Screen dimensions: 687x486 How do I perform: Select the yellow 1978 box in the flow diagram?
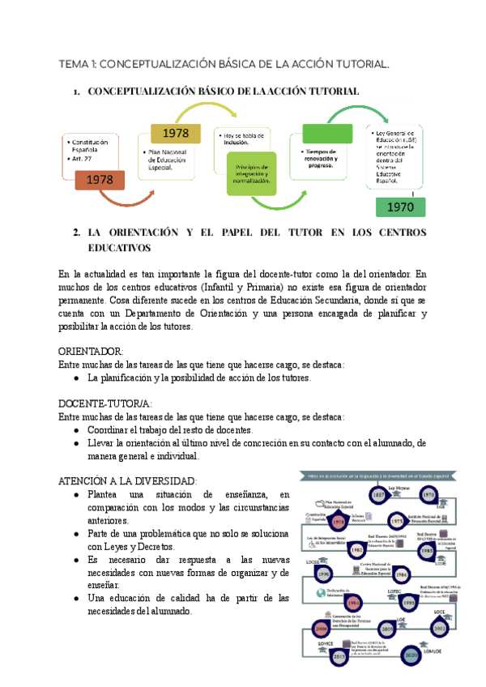(x=175, y=132)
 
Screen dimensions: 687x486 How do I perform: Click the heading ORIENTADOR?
(x=92, y=352)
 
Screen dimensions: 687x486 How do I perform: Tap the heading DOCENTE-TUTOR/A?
(x=105, y=403)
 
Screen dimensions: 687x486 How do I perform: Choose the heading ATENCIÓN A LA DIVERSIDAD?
(x=127, y=480)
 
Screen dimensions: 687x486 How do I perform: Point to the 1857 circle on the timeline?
(x=378, y=495)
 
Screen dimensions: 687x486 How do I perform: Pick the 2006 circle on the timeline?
(x=321, y=629)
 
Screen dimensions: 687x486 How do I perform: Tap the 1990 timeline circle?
(x=324, y=574)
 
